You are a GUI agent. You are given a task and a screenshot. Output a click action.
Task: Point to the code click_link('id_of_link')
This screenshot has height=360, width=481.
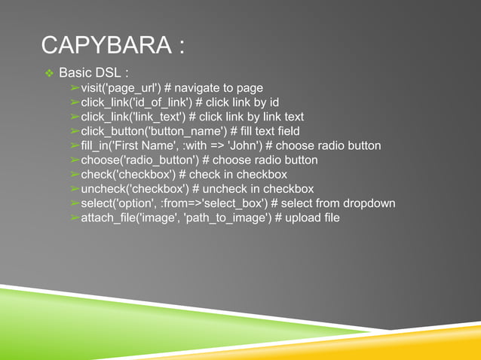pos(136,103)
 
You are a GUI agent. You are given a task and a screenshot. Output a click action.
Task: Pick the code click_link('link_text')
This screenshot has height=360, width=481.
pos(133,117)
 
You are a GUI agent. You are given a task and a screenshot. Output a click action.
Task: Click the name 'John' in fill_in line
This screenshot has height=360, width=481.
pos(242,146)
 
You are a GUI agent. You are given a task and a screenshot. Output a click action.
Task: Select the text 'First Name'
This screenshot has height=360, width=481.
pos(148,146)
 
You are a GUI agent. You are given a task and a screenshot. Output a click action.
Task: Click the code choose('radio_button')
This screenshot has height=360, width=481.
pos(139,160)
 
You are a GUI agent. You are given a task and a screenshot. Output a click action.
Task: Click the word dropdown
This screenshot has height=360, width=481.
pos(369,204)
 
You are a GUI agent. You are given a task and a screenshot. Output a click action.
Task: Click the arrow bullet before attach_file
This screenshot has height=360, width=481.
pos(75,218)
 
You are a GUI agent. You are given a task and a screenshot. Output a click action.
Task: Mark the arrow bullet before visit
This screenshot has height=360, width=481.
pos(75,89)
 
